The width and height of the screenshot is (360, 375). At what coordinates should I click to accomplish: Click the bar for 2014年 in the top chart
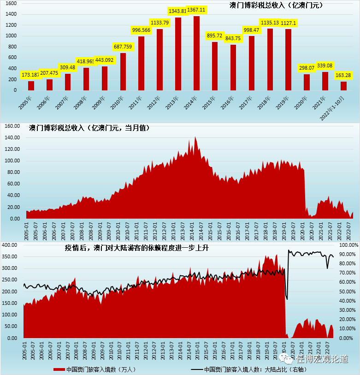(x=196, y=53)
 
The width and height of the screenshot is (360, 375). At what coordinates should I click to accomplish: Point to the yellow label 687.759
(x=123, y=47)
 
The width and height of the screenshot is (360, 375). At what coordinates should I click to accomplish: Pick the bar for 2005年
(x=31, y=85)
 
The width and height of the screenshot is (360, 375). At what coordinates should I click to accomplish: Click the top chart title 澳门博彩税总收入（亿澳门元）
(x=276, y=6)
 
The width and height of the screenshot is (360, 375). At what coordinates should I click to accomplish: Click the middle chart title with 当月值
(x=89, y=127)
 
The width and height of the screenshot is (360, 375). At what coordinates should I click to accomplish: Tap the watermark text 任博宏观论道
(x=322, y=359)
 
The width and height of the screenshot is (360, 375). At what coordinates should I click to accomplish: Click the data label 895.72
(x=215, y=36)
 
